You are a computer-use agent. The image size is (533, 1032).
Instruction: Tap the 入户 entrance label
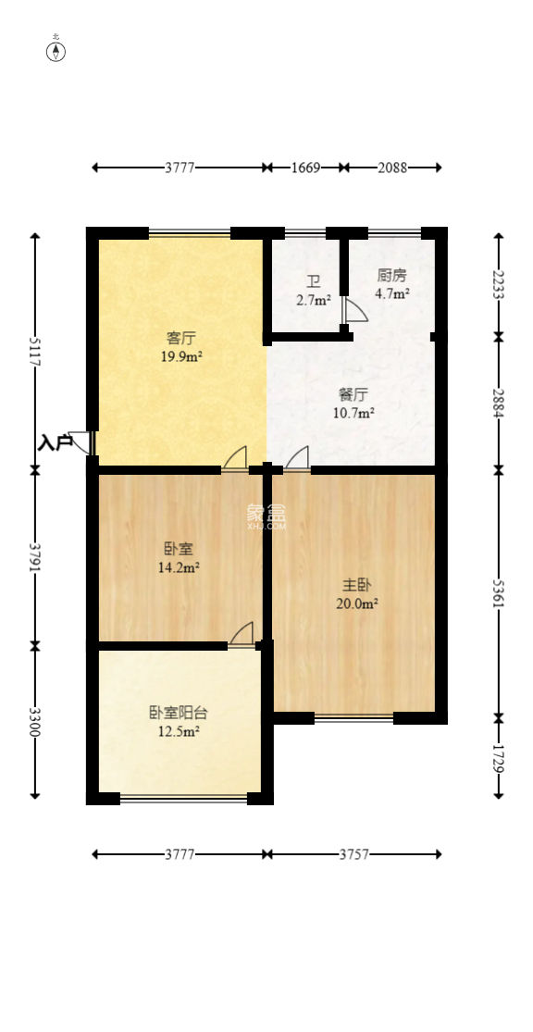(55, 443)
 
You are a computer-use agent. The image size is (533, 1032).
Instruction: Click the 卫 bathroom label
(315, 281)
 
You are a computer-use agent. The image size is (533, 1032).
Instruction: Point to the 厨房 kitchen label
(391, 276)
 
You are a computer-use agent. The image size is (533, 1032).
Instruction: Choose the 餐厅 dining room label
(353, 393)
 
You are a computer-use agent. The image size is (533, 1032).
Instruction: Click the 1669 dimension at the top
(305, 168)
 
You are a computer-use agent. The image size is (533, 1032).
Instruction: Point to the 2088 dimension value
(392, 168)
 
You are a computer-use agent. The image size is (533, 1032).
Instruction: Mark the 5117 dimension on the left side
(36, 350)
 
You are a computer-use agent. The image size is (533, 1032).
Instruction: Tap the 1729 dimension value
(499, 757)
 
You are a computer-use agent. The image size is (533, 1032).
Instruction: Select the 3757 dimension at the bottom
(353, 854)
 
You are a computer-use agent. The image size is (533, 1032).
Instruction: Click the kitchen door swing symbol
(354, 310)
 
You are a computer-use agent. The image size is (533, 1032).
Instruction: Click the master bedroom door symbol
(297, 457)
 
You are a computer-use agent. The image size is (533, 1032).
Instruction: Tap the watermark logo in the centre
(266, 516)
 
